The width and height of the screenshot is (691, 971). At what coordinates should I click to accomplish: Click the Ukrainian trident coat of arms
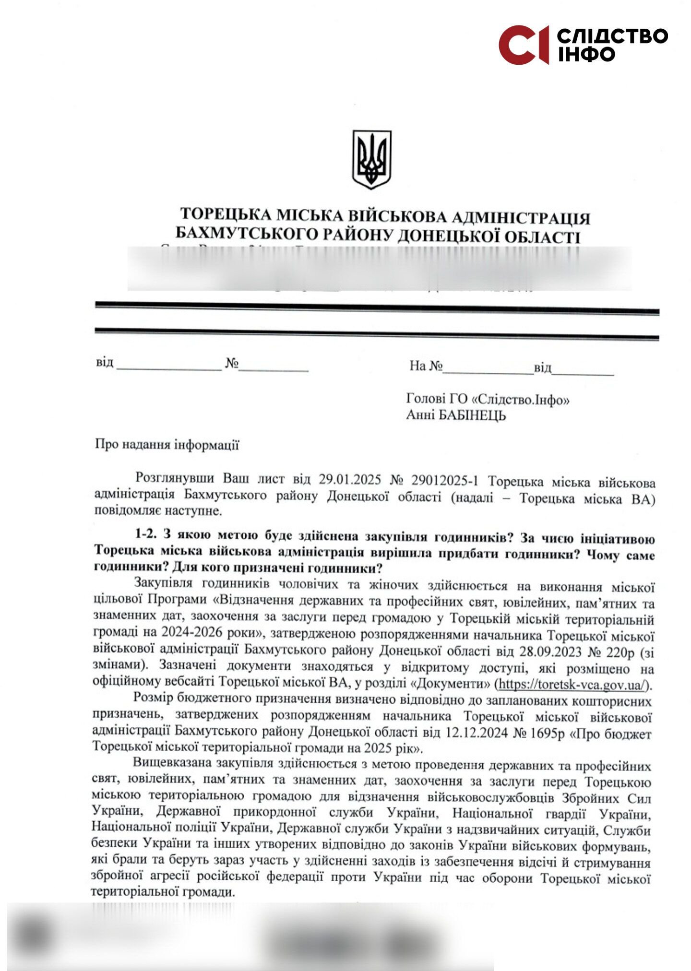click(x=371, y=159)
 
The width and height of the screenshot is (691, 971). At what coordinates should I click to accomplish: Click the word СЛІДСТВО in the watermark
click(x=613, y=36)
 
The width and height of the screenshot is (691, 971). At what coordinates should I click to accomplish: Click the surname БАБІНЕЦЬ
click(x=472, y=414)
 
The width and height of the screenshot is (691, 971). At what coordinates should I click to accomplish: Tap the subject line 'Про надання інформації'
click(x=167, y=445)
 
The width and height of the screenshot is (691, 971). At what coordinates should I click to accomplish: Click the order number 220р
click(x=622, y=652)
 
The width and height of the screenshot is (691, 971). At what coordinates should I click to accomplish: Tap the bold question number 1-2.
click(x=146, y=534)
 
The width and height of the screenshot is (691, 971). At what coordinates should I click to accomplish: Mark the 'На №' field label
click(x=425, y=366)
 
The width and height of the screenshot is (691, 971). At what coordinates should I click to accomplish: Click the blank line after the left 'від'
click(x=168, y=368)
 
